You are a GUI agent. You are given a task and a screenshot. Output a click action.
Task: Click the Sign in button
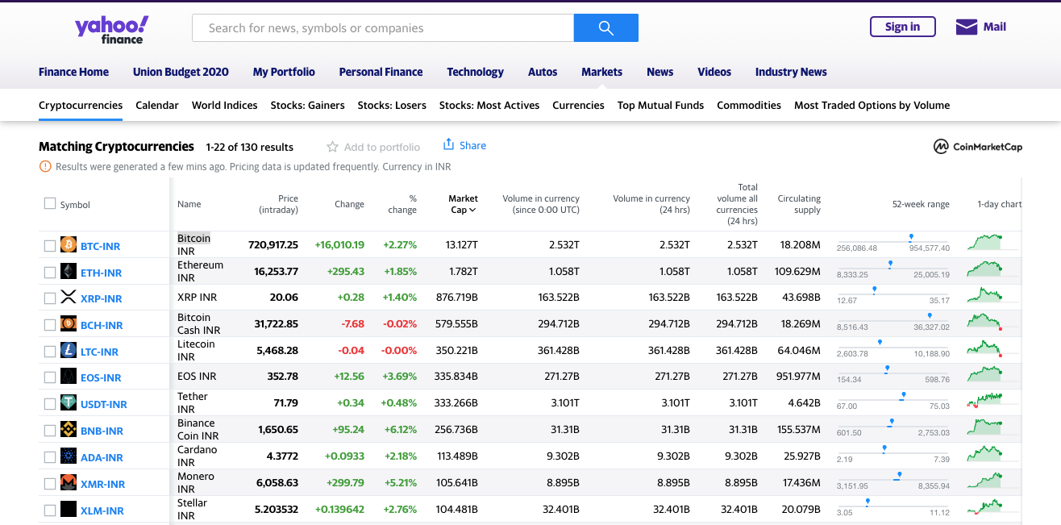[902, 27]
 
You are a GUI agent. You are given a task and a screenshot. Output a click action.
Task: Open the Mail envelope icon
[966, 27]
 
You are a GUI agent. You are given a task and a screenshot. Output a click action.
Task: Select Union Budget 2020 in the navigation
[181, 72]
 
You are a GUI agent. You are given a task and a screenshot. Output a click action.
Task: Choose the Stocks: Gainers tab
[307, 105]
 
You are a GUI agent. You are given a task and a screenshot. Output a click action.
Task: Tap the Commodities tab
[748, 105]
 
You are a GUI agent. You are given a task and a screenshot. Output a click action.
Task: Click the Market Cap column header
[463, 204]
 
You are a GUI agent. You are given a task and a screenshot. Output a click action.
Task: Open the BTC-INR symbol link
[100, 246]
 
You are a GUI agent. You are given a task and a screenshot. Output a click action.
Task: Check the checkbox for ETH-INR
[50, 273]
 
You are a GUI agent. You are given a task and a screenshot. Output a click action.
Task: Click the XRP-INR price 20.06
[284, 298]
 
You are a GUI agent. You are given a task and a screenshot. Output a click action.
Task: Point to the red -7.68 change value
[352, 324]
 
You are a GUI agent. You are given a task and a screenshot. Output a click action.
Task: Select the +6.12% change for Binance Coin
[400, 430]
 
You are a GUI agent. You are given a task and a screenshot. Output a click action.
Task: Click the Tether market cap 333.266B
[456, 403]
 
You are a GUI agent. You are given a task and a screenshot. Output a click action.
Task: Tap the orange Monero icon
[69, 483]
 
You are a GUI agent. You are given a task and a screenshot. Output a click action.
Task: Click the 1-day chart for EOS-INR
[984, 375]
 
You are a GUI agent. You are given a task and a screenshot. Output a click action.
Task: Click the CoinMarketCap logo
[977, 147]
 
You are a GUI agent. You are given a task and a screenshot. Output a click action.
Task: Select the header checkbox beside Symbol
[50, 204]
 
